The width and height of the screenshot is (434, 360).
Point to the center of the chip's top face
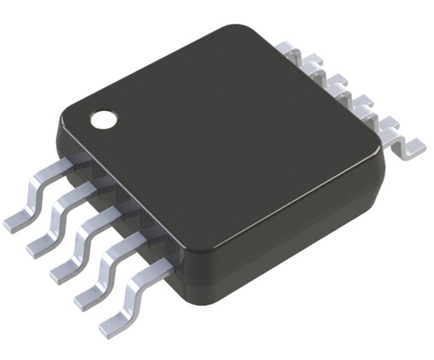[x=225, y=135]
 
